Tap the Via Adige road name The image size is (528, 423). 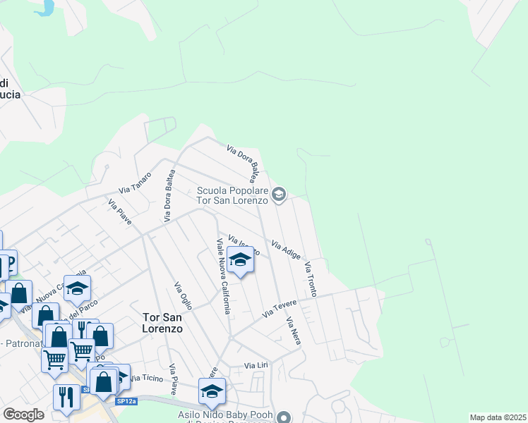(x=287, y=249)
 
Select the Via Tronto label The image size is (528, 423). (x=311, y=278)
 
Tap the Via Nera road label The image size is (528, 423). (x=294, y=331)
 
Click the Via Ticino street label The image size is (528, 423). (x=146, y=379)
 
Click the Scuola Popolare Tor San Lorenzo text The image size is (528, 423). (x=234, y=195)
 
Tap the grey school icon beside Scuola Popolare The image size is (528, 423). (x=279, y=195)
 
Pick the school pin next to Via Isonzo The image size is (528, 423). (x=240, y=261)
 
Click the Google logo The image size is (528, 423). (x=23, y=415)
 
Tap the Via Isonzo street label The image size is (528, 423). (x=244, y=245)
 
